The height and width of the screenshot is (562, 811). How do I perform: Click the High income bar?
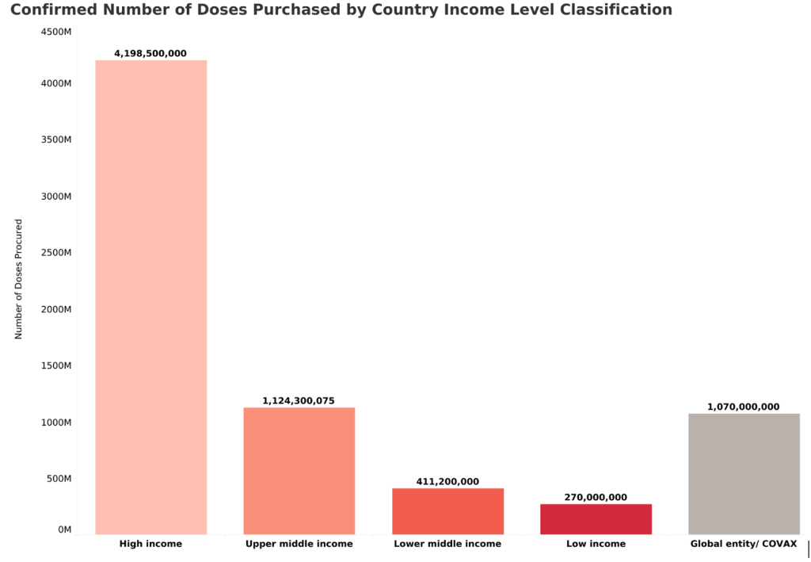pos(150,296)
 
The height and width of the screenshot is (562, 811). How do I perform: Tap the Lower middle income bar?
pos(447,510)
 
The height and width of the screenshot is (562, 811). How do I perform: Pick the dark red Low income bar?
pos(596,518)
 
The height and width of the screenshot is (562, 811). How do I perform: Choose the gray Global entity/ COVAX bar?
pos(744,473)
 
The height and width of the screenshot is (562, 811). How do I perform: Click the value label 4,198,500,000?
pos(150,54)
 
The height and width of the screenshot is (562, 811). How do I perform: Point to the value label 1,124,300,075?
pos(299,401)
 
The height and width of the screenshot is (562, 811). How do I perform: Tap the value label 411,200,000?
pos(447,482)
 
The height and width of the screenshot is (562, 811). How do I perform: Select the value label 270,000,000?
pos(596,498)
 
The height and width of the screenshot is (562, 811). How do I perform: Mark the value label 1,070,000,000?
pos(744,407)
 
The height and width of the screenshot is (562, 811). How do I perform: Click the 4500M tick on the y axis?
pos(56,32)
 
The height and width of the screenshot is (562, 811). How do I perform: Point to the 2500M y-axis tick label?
pos(56,253)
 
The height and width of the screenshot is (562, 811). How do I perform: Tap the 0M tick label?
pos(64,530)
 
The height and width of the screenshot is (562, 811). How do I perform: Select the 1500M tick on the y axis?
pos(56,366)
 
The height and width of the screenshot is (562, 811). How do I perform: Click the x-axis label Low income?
pos(596,545)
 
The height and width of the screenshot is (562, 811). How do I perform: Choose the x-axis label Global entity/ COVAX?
pos(744,545)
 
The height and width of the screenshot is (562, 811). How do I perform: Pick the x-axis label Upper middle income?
pos(299,545)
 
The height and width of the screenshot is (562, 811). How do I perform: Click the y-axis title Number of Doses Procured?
pos(18,279)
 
